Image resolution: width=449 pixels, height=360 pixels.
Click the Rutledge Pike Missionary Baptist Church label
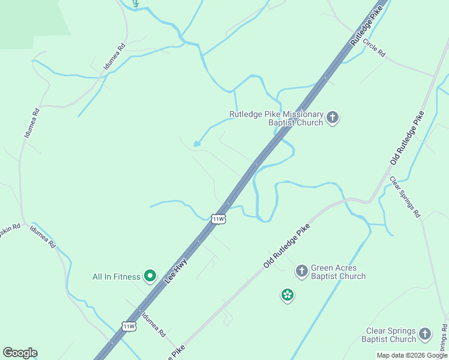point(276,118)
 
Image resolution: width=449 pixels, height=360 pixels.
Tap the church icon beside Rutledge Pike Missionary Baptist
point(333,117)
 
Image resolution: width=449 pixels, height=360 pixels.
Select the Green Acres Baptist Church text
point(338,272)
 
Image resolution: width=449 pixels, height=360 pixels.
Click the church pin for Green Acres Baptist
point(301,271)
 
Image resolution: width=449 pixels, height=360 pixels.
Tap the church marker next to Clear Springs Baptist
point(425,334)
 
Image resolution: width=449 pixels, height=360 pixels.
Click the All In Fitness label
point(116,277)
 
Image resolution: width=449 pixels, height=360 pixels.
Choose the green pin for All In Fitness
point(149,276)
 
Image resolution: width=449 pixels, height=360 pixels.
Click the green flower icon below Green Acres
point(288,295)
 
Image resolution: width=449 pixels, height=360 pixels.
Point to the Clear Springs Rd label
point(405,196)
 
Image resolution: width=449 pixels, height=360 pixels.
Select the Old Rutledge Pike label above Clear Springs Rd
point(408,138)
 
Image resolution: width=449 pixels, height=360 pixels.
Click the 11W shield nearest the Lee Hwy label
point(218,219)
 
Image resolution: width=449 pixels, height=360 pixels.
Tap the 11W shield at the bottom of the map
point(128,326)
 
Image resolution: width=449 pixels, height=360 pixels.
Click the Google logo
point(20,353)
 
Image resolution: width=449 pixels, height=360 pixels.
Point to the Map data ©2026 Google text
point(411,355)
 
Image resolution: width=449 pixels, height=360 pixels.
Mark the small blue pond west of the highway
point(196,144)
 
